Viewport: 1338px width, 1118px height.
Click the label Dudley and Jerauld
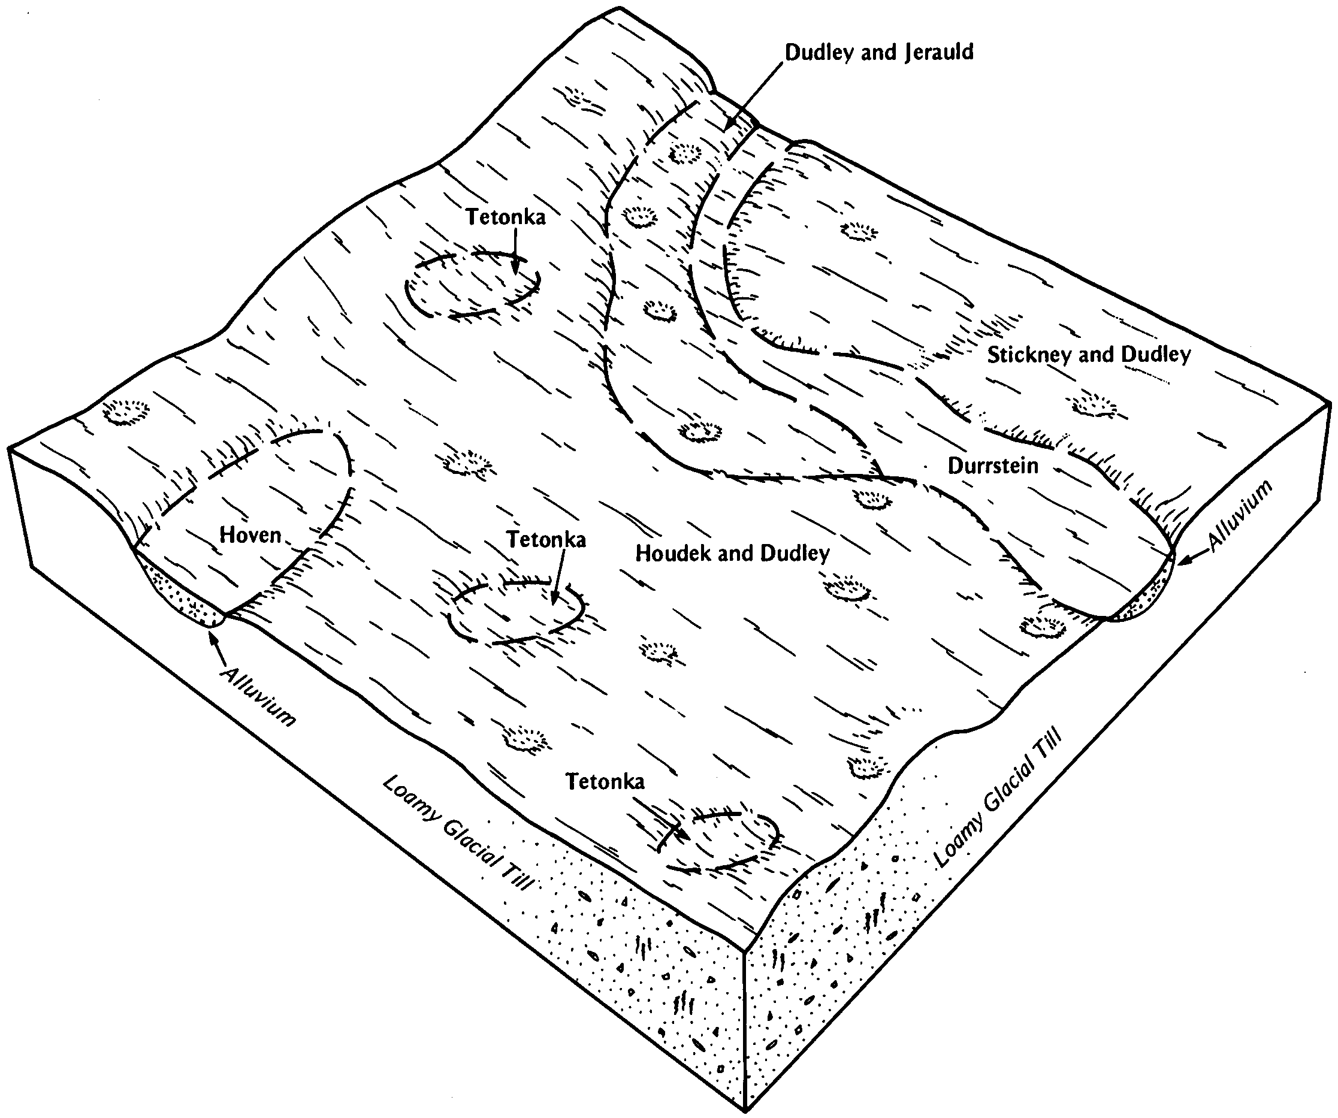(x=878, y=53)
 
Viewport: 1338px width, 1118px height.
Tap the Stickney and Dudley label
(x=1089, y=355)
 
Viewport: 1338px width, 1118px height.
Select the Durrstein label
(x=993, y=466)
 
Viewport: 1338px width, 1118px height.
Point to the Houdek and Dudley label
(x=733, y=553)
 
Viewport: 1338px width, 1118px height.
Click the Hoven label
(x=250, y=534)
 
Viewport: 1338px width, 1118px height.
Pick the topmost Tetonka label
(x=505, y=217)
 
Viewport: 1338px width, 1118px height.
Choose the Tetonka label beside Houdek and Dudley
(x=546, y=540)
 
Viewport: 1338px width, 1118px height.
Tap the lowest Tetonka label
(x=605, y=782)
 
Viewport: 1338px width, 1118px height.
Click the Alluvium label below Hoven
(x=259, y=696)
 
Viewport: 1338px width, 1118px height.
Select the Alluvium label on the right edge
(x=1240, y=516)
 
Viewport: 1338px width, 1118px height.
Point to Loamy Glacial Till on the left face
(x=458, y=833)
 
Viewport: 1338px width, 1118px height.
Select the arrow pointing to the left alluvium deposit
(x=219, y=648)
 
